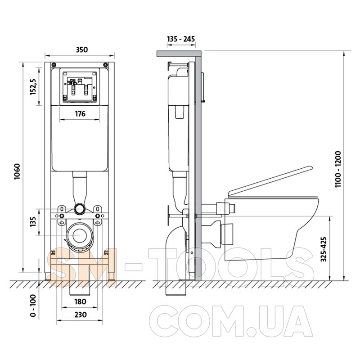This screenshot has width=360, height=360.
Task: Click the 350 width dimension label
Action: click(x=82, y=49)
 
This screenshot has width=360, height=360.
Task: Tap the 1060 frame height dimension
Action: click(x=17, y=171)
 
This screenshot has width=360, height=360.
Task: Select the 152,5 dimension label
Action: click(x=33, y=86)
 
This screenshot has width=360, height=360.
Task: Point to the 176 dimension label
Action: click(x=80, y=114)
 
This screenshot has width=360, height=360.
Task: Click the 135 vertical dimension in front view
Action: click(x=33, y=222)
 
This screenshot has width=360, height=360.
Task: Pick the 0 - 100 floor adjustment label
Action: click(x=33, y=306)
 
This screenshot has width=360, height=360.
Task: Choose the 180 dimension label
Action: click(x=80, y=301)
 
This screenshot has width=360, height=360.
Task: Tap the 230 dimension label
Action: click(x=81, y=314)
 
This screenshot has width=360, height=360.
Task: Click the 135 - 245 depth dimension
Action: click(x=181, y=39)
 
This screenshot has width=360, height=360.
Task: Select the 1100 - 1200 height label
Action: click(x=338, y=169)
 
